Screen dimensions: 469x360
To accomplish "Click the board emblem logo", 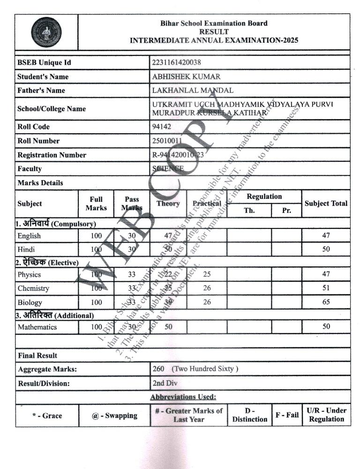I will (46, 32).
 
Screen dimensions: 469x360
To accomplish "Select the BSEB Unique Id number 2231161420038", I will (177, 62).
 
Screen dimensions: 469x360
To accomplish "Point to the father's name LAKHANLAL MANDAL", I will (193, 91).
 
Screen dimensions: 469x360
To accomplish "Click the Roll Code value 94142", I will (162, 127).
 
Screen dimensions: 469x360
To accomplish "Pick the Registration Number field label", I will (52, 155).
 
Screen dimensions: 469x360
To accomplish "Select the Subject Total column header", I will (326, 204).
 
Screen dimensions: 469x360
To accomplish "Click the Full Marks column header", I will (96, 204).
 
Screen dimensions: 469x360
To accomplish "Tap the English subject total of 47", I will (326, 236).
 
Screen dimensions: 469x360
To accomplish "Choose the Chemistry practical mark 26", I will (207, 288).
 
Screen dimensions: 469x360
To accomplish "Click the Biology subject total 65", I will (326, 303).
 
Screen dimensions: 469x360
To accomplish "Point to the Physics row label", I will (29, 274).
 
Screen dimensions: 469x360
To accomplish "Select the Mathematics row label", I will (37, 327).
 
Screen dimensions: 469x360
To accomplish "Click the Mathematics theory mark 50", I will (168, 326).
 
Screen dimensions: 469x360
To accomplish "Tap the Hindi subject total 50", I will (326, 250).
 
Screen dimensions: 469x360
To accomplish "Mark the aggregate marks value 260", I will (158, 369).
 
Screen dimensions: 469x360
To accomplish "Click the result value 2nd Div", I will (165, 383).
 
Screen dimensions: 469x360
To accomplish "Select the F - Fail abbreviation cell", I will (287, 415).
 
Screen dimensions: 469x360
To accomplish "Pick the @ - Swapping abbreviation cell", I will (114, 416).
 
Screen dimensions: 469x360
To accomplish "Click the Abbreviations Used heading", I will (183, 397).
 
